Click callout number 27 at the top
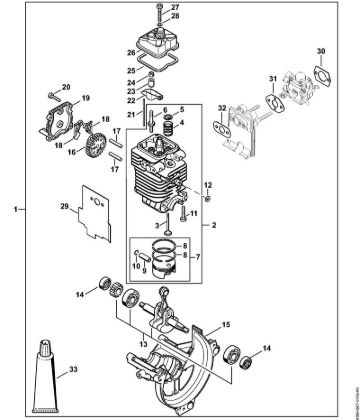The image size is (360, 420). (x=203, y=8)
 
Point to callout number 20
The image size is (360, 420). (x=67, y=87)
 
